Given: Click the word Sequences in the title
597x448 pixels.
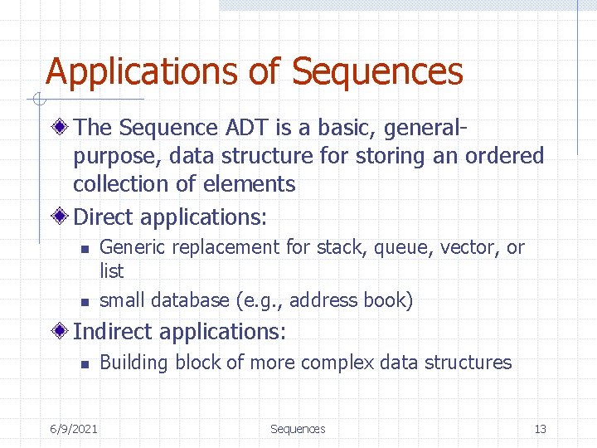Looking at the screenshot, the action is point(377,72).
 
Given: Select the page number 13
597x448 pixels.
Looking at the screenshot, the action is point(540,429).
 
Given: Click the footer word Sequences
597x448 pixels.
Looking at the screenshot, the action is point(298,429).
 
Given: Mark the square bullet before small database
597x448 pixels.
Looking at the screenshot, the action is point(83,301).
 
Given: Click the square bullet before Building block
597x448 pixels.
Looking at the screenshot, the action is point(83,363).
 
